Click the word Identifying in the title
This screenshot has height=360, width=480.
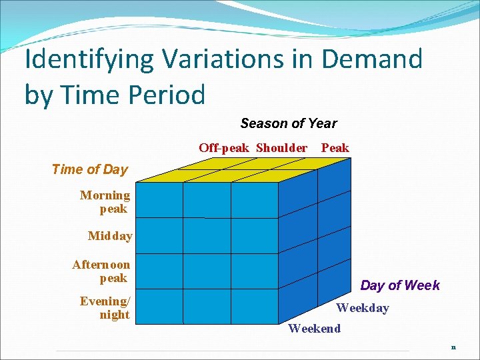click(x=81, y=60)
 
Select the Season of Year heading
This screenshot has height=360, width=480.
click(x=288, y=123)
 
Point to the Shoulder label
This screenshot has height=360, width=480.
click(x=281, y=148)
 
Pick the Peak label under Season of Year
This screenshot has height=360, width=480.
click(x=335, y=148)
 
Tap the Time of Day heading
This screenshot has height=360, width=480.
click(x=89, y=169)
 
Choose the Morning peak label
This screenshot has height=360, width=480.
click(x=105, y=202)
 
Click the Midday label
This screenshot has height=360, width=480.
click(x=110, y=236)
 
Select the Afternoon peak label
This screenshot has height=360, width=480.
click(x=101, y=271)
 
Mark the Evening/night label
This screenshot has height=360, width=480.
click(x=105, y=308)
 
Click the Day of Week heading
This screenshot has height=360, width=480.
click(x=400, y=285)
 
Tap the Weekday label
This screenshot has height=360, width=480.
click(x=362, y=308)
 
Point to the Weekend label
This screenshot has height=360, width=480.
click(x=314, y=328)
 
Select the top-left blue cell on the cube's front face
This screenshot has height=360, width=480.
click(x=159, y=200)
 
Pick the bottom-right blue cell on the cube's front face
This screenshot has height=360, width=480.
click(x=255, y=305)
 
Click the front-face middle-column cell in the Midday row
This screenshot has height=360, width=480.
click(x=207, y=235)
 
